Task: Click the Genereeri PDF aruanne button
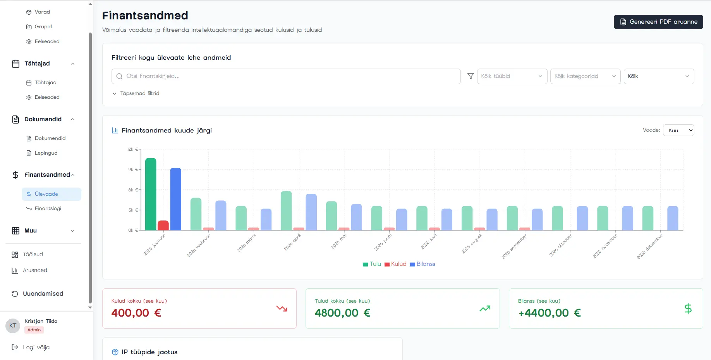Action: (658, 22)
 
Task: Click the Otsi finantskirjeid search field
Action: (287, 76)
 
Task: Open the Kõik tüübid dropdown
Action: (512, 76)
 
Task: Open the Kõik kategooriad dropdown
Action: (585, 76)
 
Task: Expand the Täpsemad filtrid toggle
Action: (136, 93)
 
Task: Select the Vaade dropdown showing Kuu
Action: (678, 130)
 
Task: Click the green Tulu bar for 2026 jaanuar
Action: (151, 194)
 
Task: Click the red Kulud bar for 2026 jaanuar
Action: (163, 225)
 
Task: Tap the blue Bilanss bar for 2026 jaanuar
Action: (175, 199)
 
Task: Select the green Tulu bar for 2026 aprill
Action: (286, 210)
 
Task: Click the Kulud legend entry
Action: (395, 264)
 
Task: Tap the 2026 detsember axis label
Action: (650, 246)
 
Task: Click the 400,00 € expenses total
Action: (136, 313)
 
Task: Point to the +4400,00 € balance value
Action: (550, 313)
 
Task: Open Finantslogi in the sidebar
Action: (48, 208)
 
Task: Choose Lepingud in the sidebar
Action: (46, 153)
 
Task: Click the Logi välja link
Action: (36, 347)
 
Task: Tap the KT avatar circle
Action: (13, 326)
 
